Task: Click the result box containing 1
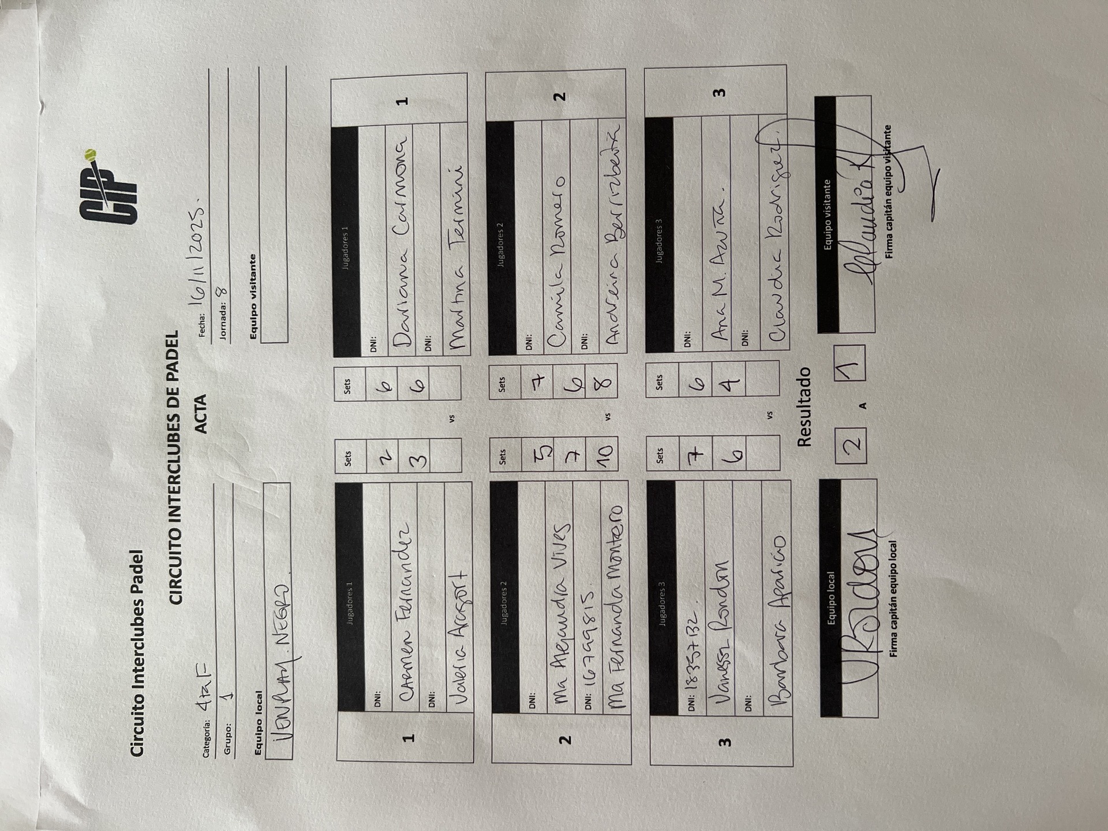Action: pos(849,362)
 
